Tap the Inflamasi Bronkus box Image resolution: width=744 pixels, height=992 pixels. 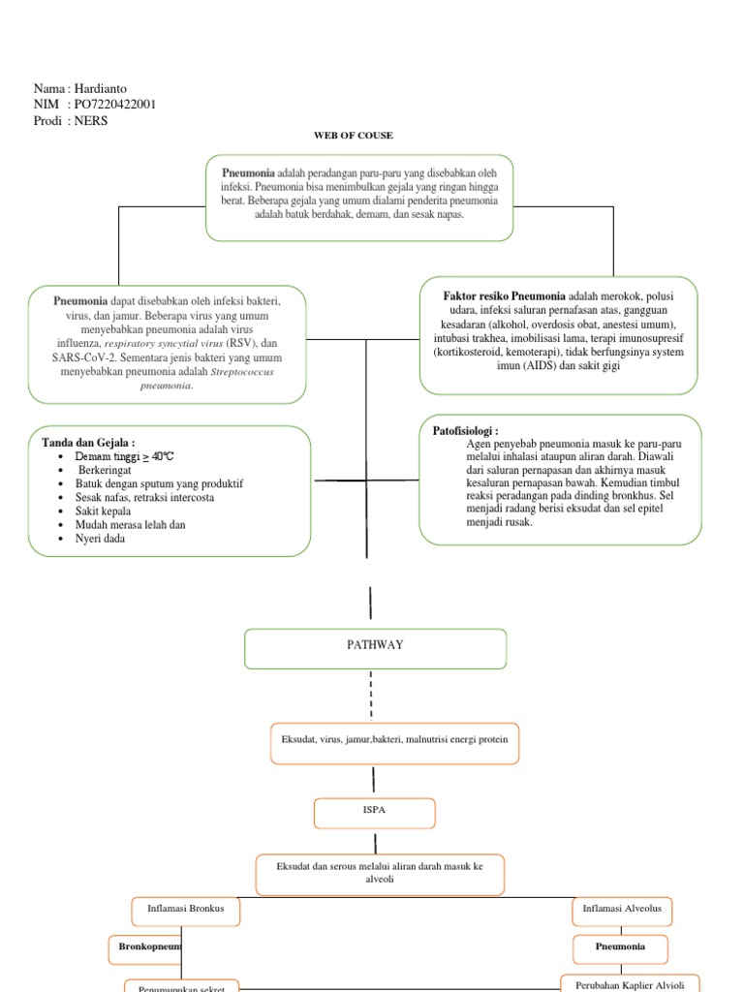pos(184,912)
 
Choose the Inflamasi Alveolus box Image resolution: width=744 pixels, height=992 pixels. pos(621,912)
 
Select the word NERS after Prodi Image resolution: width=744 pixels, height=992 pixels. pos(94,120)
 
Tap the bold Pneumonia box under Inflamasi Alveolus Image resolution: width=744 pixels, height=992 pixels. pos(621,946)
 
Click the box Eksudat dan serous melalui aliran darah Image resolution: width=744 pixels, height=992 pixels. pos(380,873)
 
